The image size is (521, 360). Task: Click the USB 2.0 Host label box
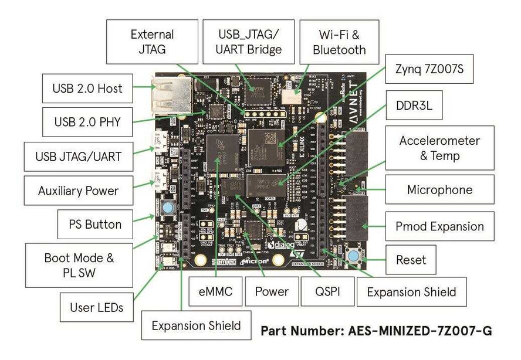tap(86, 89)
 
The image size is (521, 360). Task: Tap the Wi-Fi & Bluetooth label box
tap(339, 42)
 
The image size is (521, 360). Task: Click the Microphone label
tap(439, 190)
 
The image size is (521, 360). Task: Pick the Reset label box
tap(411, 259)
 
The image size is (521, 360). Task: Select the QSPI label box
tap(327, 291)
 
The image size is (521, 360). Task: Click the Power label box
tap(272, 291)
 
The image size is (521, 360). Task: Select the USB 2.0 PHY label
tap(86, 122)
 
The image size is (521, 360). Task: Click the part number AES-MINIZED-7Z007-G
tap(376, 331)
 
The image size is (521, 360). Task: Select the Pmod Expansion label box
tap(439, 226)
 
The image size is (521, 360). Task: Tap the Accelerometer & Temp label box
tap(439, 148)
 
